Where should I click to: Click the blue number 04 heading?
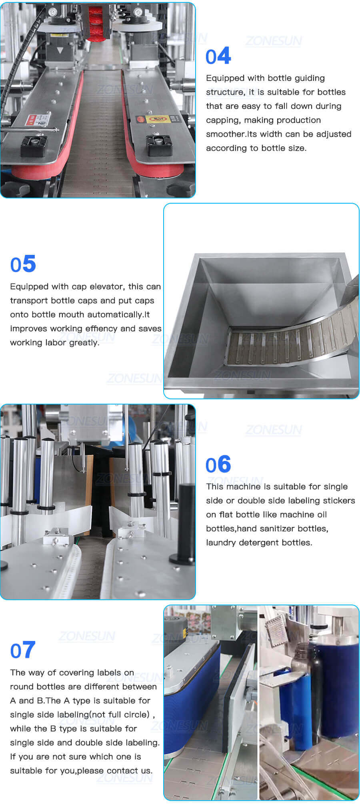point(218,56)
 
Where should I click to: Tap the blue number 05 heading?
point(23,264)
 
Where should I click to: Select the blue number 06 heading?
point(218,465)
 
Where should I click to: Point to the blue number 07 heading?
point(23,651)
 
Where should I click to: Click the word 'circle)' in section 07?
point(136,715)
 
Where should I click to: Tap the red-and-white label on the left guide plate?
point(38,119)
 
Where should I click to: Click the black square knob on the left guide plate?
point(34,146)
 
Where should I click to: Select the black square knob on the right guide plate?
point(159,145)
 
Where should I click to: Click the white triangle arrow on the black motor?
point(60,50)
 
